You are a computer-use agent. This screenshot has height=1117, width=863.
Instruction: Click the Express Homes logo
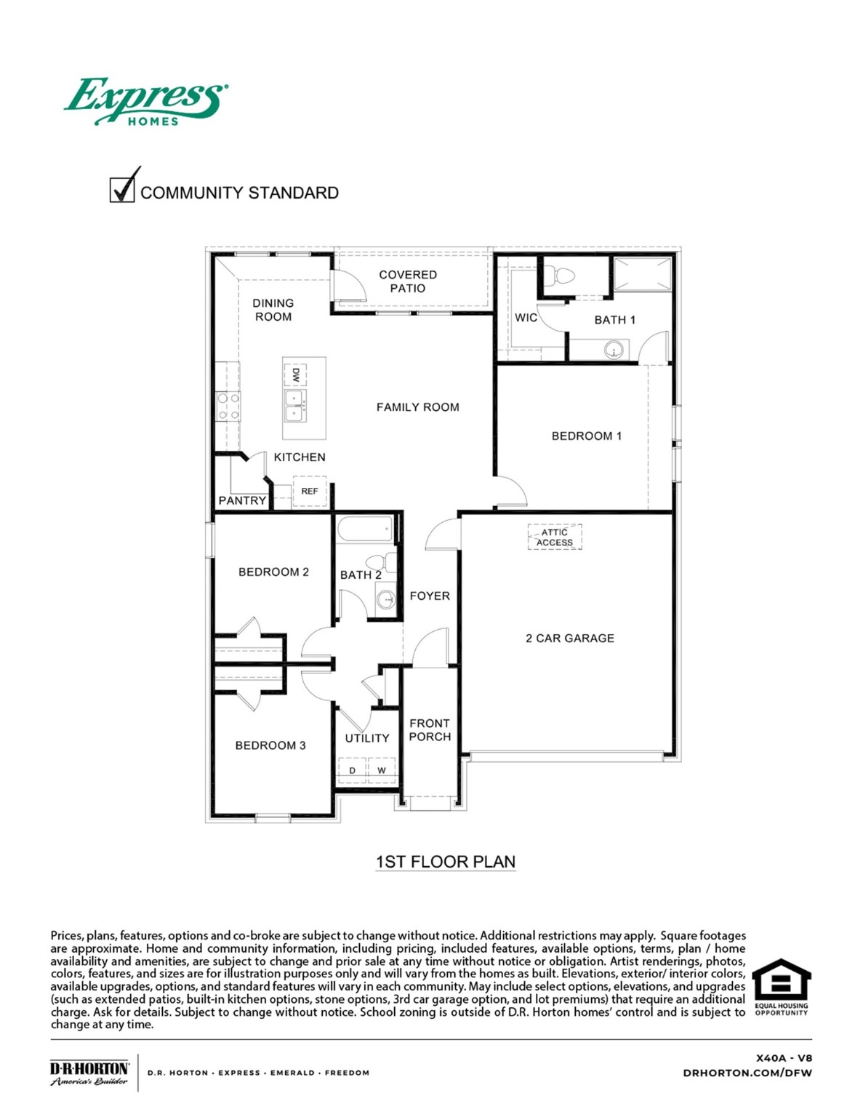pyautogui.click(x=146, y=102)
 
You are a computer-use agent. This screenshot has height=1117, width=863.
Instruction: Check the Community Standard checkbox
pyautogui.click(x=122, y=189)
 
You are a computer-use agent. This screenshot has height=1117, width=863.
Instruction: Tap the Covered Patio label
pyautogui.click(x=408, y=281)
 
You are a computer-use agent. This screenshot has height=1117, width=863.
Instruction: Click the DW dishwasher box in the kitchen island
pyautogui.click(x=295, y=375)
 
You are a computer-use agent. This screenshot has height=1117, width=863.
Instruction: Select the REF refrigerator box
pyautogui.click(x=310, y=492)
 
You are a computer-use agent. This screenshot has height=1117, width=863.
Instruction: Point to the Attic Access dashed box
pyautogui.click(x=555, y=537)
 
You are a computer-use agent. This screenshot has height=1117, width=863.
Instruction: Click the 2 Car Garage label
pyautogui.click(x=570, y=638)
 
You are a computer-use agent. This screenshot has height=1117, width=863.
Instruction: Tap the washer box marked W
pyautogui.click(x=382, y=770)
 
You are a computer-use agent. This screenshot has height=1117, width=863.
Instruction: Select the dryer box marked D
pyautogui.click(x=353, y=770)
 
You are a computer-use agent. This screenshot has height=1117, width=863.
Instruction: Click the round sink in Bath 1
pyautogui.click(x=614, y=351)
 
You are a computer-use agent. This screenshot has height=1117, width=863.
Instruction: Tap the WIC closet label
pyautogui.click(x=526, y=318)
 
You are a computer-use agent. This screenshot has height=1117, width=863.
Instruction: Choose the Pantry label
pyautogui.click(x=242, y=500)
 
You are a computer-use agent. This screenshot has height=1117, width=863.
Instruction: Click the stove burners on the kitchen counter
pyautogui.click(x=228, y=407)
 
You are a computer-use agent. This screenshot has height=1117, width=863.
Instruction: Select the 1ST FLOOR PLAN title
pyautogui.click(x=446, y=862)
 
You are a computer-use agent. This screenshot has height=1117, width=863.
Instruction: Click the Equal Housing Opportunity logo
pyautogui.click(x=781, y=987)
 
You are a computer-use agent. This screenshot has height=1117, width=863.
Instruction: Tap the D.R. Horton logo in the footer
pyautogui.click(x=89, y=1073)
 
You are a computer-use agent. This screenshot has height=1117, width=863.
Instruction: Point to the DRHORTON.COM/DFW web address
pyautogui.click(x=747, y=1073)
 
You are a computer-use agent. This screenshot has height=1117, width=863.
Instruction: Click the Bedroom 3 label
pyautogui.click(x=270, y=745)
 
